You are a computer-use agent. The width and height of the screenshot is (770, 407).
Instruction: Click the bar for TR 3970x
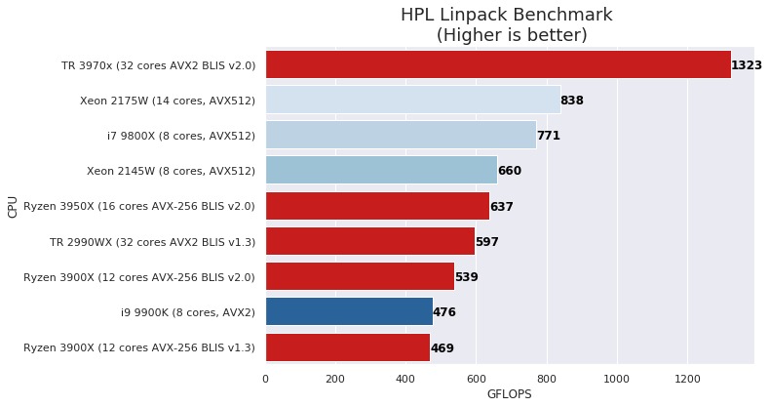click(497, 64)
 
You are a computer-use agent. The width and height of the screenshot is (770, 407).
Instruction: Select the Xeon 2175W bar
click(412, 100)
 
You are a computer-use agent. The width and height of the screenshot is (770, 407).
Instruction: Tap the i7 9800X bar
click(401, 135)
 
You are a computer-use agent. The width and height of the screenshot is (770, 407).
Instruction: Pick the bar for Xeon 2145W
click(381, 171)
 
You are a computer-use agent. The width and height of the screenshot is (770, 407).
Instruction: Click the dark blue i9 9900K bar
click(349, 312)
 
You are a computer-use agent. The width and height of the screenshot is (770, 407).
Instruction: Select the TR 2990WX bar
click(369, 241)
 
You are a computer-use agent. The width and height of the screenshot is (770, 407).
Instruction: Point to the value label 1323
click(746, 65)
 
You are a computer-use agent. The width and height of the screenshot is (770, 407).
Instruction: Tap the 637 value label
click(501, 207)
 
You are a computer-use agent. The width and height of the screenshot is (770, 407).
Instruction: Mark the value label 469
click(442, 348)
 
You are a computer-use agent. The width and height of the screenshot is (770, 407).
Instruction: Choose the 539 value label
click(466, 277)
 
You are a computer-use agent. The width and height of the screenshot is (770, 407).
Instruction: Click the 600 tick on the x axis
click(477, 378)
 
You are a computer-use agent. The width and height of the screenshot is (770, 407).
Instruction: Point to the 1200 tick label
click(687, 378)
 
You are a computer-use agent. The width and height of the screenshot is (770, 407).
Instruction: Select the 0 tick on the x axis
click(265, 378)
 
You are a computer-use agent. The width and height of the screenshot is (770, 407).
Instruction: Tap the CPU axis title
click(12, 206)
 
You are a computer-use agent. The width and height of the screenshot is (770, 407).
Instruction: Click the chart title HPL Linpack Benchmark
click(507, 15)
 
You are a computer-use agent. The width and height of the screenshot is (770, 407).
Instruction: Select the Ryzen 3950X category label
click(138, 206)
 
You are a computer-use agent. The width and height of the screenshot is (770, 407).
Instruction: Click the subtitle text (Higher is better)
click(511, 35)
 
